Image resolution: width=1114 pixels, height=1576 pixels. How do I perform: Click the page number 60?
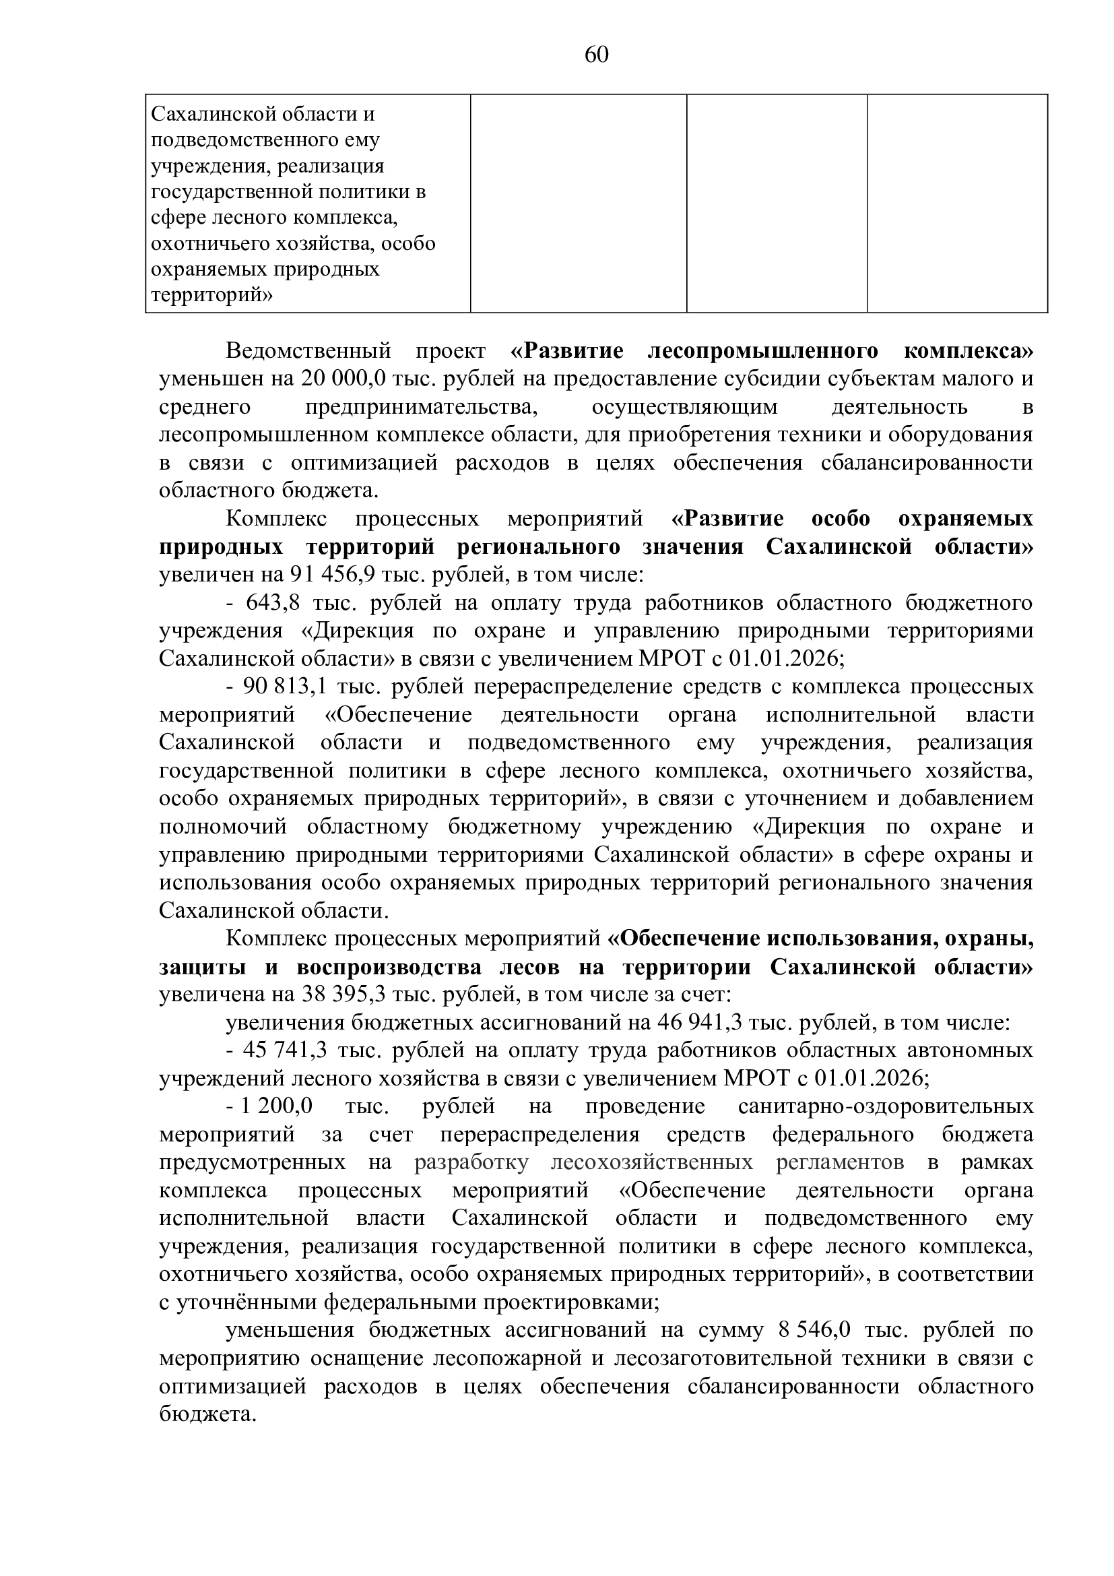[596, 55]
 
